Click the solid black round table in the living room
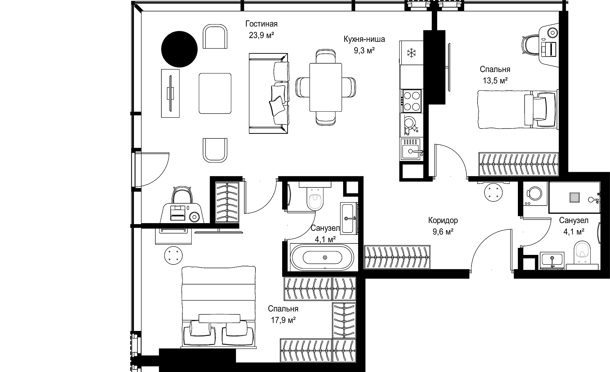point(180,49)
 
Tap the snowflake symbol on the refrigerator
point(412,53)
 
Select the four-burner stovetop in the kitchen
point(412,101)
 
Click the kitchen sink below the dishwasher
point(412,150)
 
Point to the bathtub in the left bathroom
point(322,257)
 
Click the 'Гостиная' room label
point(261,24)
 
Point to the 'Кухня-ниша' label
point(364,39)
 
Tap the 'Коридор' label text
point(443,220)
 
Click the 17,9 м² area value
point(283,320)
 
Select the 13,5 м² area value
point(495,81)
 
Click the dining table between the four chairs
point(326,87)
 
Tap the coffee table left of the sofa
point(215,93)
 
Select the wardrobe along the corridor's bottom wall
point(397,257)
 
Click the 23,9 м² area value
point(261,35)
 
